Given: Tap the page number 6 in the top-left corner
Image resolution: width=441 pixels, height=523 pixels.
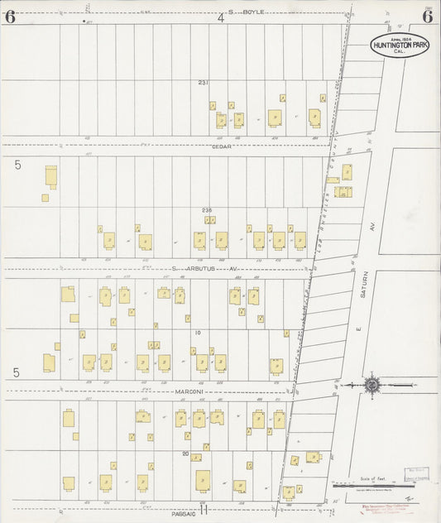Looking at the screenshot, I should [9, 16].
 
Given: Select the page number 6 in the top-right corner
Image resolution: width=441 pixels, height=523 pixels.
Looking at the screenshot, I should [428, 16].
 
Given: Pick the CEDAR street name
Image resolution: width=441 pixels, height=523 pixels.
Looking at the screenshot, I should [221, 146].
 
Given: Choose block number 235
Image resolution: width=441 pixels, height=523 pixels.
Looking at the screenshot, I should [207, 210].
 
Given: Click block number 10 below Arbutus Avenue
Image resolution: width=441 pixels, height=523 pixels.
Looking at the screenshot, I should [198, 333].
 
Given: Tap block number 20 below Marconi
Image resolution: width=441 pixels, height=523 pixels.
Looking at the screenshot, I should [187, 453].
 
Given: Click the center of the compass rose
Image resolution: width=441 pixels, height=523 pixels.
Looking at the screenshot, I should [372, 385].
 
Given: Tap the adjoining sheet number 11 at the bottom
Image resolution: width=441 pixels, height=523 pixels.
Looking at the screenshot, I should [202, 510].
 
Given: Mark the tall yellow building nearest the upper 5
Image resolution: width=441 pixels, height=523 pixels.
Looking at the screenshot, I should [51, 176].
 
